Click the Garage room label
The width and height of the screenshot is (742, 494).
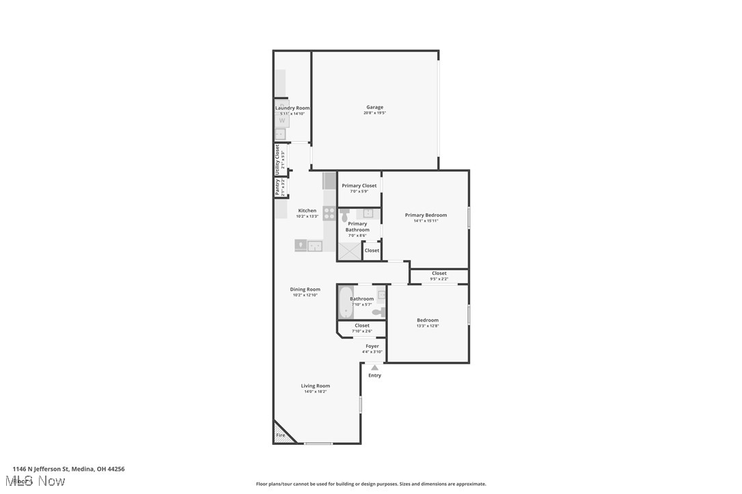[x=374, y=107]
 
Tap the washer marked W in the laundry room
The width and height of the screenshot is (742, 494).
[x=281, y=120]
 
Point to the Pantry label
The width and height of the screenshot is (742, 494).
[x=277, y=187]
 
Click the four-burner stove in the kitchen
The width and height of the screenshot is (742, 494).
[x=329, y=214]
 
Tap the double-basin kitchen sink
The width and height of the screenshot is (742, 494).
[x=309, y=246]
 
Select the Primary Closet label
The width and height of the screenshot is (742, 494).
[x=359, y=186]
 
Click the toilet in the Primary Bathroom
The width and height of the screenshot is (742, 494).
[x=344, y=216]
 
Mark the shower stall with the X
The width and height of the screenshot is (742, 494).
[x=349, y=252]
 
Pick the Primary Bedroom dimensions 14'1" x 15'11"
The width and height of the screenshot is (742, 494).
[x=426, y=221]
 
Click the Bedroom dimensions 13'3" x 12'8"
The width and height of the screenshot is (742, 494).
[x=428, y=326]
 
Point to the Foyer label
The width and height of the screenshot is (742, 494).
[x=372, y=346]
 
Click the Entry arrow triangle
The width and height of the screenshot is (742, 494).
[x=374, y=368]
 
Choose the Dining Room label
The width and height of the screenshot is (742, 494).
[x=305, y=289]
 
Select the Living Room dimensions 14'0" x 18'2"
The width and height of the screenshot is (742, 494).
[x=316, y=392]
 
